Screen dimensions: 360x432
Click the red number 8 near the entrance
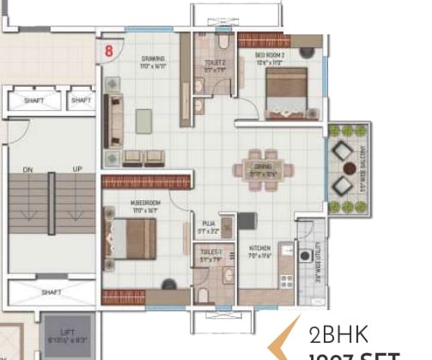[x=108, y=50]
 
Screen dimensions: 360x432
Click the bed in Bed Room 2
[x=284, y=92]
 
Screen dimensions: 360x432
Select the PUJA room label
[x=209, y=224]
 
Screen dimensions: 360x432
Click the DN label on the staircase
[x=28, y=169]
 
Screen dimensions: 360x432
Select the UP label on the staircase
[x=76, y=169]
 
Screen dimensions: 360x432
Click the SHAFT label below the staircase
[x=51, y=292]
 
